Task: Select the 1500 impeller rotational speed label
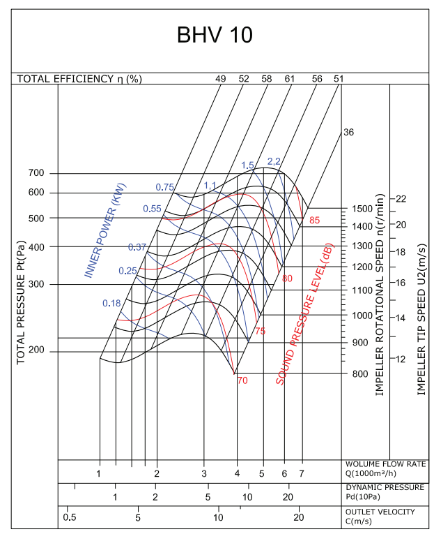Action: [362, 209]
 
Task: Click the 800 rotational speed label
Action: [359, 374]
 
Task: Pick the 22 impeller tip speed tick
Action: [401, 199]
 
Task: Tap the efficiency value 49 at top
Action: [221, 79]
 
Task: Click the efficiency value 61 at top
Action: [290, 79]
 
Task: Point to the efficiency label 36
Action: [349, 132]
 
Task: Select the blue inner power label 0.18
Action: [111, 303]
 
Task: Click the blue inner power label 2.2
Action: [274, 161]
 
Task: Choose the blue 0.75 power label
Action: [164, 187]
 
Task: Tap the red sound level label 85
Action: [315, 221]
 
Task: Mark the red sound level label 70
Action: [242, 380]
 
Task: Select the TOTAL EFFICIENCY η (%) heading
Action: [79, 79]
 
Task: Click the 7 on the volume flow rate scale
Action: [302, 474]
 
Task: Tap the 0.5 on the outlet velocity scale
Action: [69, 517]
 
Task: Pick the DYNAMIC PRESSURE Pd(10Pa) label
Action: [385, 491]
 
